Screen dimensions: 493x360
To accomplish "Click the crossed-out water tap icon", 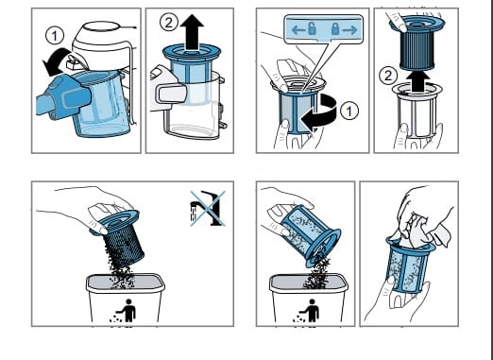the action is tap(208, 208).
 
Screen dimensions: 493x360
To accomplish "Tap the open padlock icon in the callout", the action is tap(312, 29).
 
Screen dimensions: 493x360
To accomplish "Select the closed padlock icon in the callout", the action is tap(335, 29).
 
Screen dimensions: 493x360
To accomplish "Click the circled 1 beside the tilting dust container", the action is tap(55, 36).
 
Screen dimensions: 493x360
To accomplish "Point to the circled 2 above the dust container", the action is tap(169, 23).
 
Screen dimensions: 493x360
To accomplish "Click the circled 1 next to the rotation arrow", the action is tap(349, 111).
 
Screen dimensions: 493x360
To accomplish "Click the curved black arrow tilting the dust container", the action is tap(57, 61).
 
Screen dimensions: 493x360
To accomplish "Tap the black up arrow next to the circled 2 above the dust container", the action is tap(192, 32).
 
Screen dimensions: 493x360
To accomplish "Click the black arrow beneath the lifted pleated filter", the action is tap(416, 82).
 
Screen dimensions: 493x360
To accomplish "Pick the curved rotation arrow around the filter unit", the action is tap(319, 114).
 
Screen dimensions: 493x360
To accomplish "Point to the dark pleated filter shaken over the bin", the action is tap(118, 237).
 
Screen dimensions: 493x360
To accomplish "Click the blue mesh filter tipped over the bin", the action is tap(310, 234).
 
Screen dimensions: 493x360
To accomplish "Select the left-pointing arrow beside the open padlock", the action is tap(297, 30).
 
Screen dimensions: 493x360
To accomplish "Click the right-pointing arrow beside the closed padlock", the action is tap(349, 30).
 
